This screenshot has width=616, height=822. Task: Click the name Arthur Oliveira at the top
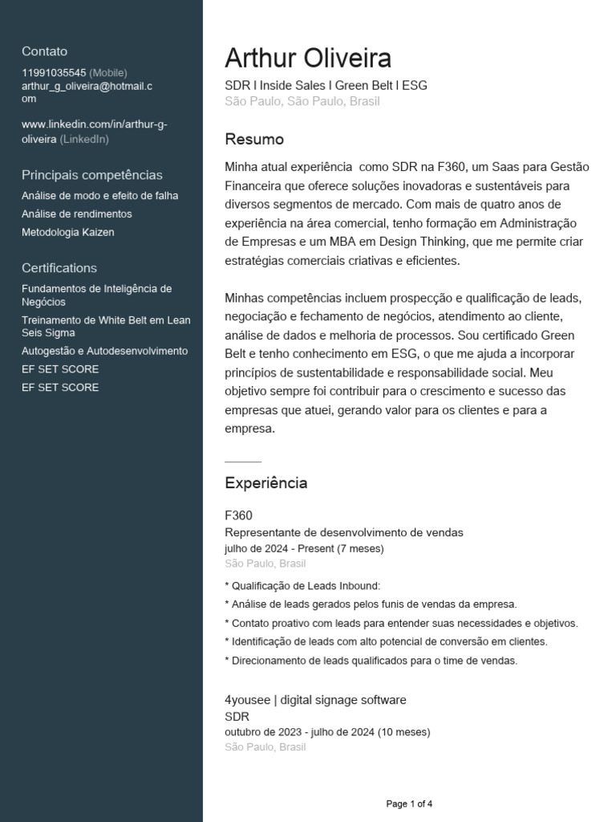tap(308, 59)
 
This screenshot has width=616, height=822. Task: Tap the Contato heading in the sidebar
tap(45, 51)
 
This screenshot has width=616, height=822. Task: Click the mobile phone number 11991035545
tap(54, 72)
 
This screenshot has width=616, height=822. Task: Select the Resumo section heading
tap(254, 140)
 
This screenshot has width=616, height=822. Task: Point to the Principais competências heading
tap(92, 175)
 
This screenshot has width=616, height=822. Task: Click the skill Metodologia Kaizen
tap(68, 232)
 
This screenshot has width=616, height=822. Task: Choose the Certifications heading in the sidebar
tap(59, 268)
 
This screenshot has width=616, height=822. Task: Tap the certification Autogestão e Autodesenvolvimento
tap(105, 351)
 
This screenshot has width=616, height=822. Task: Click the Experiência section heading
tap(265, 483)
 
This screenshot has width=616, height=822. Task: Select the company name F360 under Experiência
tap(239, 515)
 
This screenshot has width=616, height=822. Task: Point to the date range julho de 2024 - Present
tap(304, 548)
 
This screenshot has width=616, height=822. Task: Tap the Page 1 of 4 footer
tap(409, 804)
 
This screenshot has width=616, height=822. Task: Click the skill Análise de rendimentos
tap(77, 214)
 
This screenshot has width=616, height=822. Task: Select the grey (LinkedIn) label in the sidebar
tap(84, 139)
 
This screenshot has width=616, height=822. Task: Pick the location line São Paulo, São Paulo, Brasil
tap(302, 101)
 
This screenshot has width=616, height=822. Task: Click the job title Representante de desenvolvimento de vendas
tap(344, 532)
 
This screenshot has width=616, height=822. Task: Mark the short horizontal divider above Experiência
tap(243, 462)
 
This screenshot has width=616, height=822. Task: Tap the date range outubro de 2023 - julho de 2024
tap(327, 732)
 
